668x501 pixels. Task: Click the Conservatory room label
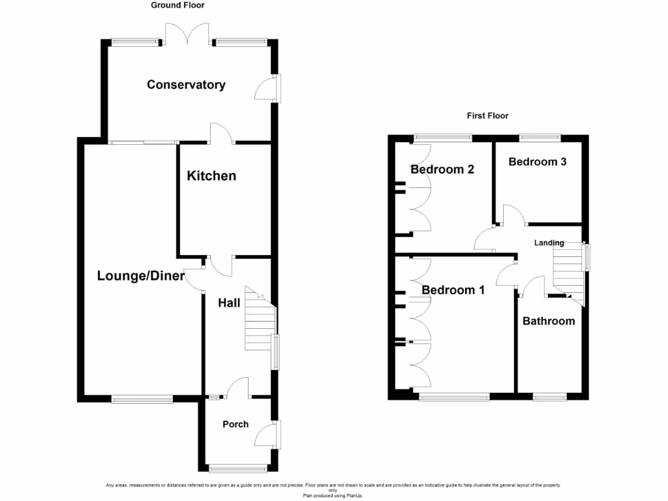click(x=186, y=85)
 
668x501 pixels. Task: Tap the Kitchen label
click(x=211, y=176)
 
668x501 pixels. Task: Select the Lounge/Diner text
click(x=141, y=276)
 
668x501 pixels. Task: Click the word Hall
click(x=229, y=303)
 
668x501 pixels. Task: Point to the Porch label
click(x=235, y=424)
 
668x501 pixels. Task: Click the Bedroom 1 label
click(x=453, y=290)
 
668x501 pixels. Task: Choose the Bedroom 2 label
click(x=442, y=170)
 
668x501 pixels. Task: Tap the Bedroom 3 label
click(x=538, y=162)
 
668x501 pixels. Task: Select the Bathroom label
click(x=549, y=321)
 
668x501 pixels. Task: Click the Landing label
click(x=549, y=243)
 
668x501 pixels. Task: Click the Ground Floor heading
click(x=177, y=5)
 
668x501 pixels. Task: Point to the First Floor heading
click(x=487, y=115)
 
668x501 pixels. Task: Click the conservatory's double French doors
click(x=187, y=34)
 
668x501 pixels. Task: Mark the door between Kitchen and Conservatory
click(x=222, y=133)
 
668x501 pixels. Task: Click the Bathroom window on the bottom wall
click(x=549, y=396)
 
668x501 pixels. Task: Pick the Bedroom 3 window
click(x=539, y=138)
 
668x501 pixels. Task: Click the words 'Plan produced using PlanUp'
click(x=333, y=496)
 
